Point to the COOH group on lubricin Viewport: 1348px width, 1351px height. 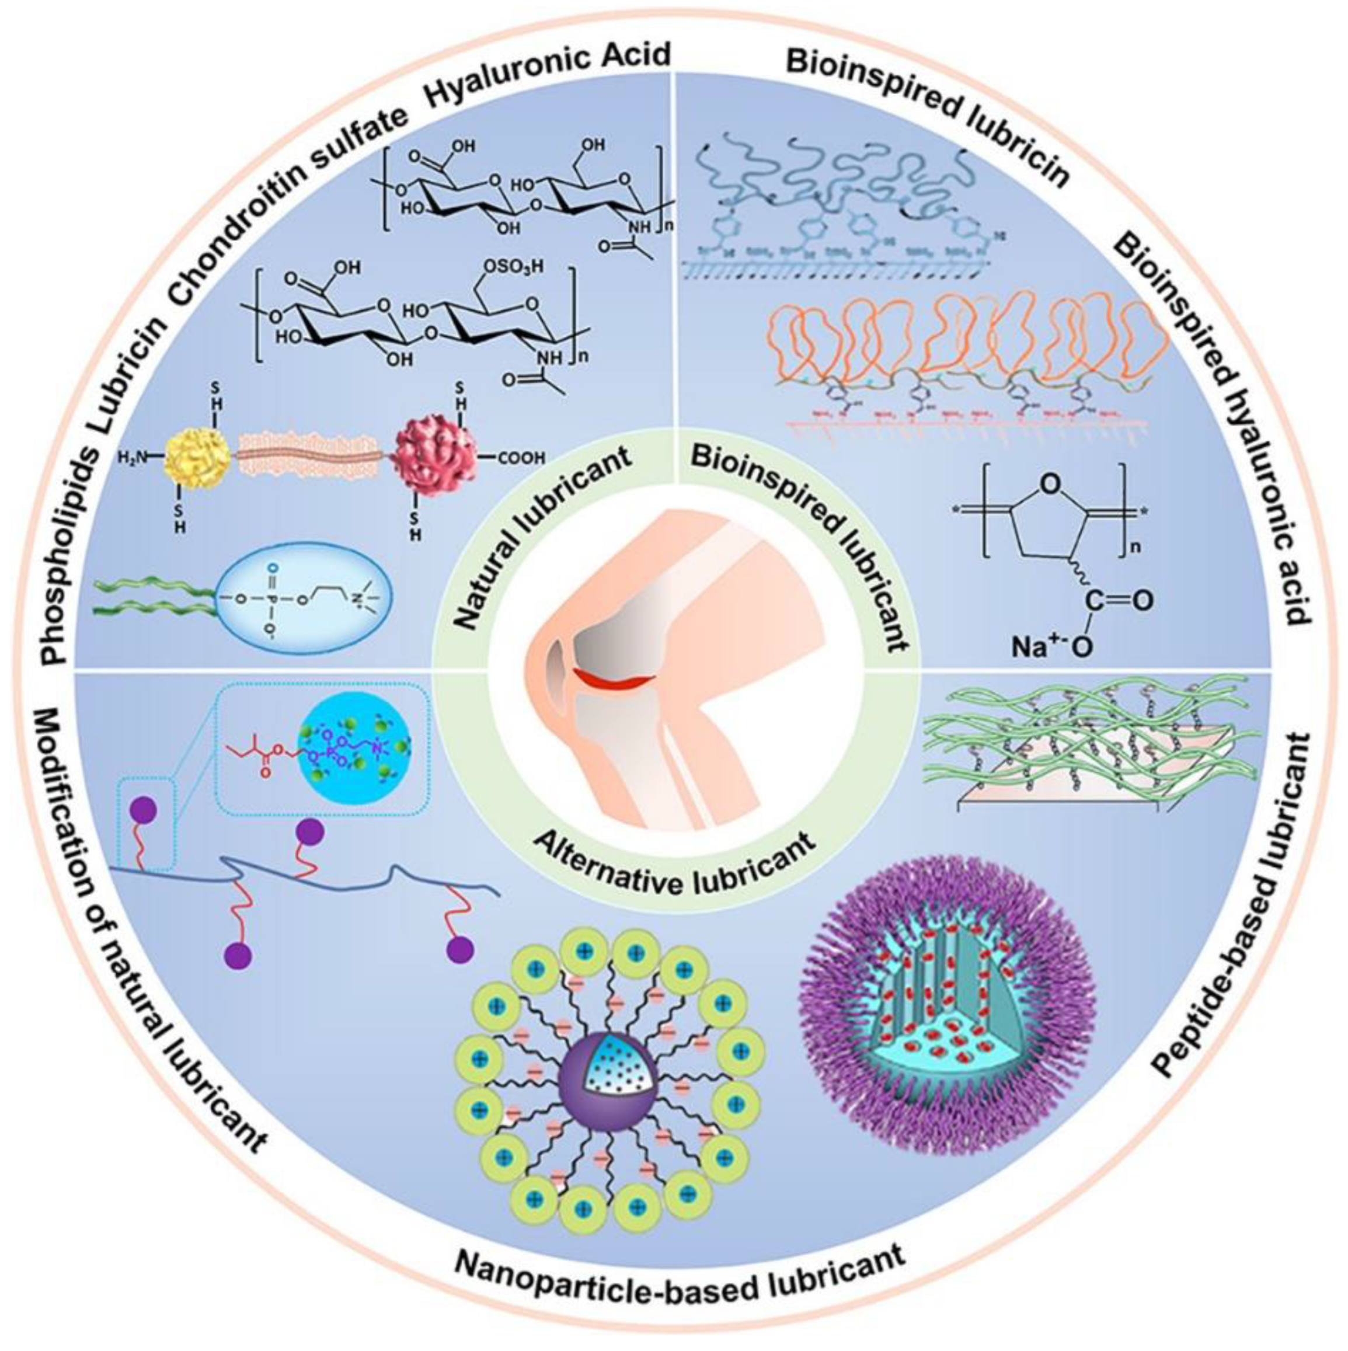[521, 459]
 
